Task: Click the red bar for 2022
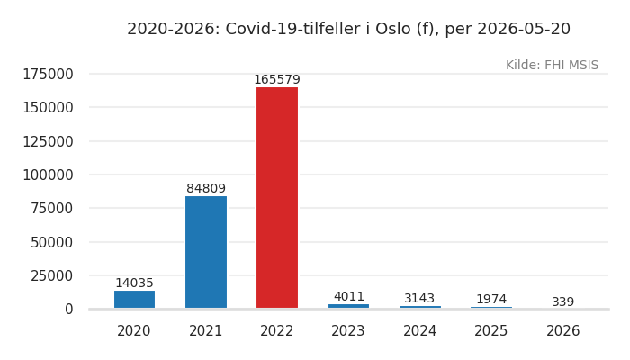point(277,198)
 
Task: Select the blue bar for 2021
point(206,252)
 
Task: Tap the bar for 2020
point(135,300)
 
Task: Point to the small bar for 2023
point(349,306)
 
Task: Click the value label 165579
point(277,79)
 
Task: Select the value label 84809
point(206,188)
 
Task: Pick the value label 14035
point(135,283)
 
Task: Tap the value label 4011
point(349,296)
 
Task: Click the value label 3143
point(419,299)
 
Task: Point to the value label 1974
point(491,300)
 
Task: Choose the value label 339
point(562,301)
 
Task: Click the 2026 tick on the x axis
point(562,331)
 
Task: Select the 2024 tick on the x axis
point(420,331)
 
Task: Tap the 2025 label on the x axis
point(491,331)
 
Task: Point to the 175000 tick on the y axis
point(49,75)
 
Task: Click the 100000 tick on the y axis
point(49,175)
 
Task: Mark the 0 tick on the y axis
point(69,310)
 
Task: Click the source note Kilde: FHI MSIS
point(552,65)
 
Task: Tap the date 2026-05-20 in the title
point(524,29)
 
